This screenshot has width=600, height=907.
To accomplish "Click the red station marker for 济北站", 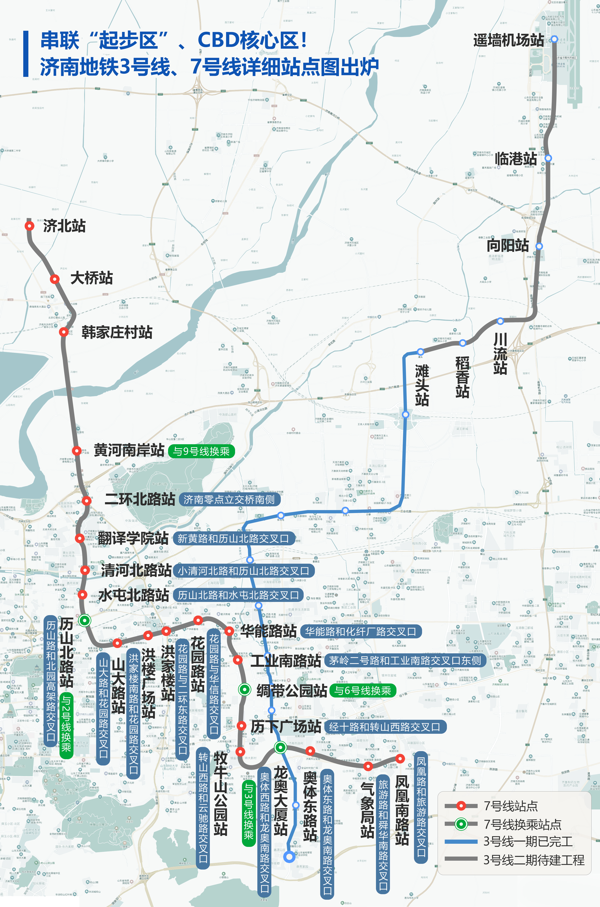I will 30,226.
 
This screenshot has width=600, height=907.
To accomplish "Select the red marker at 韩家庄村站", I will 64,332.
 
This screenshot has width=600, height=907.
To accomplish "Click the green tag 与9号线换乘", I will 201,451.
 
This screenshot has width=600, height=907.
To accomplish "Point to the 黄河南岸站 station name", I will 129,450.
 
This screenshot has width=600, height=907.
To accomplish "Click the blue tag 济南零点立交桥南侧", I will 229,499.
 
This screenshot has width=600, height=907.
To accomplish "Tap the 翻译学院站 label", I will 133,538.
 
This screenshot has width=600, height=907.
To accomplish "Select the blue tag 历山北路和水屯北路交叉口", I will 238,595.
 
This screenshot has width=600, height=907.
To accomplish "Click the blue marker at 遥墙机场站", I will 554,39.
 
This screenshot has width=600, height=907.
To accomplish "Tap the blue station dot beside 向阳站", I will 539,246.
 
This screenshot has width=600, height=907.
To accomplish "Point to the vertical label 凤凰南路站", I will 402,809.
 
